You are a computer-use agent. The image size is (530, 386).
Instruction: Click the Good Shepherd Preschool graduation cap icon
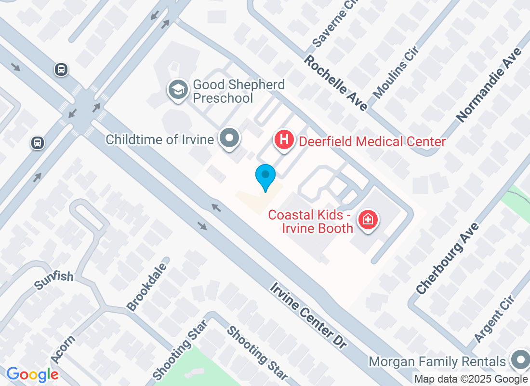pyautogui.click(x=179, y=90)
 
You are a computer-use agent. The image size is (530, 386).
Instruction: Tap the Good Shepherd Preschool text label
pyautogui.click(x=239, y=92)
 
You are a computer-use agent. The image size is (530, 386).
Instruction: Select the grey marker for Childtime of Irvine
pyautogui.click(x=230, y=138)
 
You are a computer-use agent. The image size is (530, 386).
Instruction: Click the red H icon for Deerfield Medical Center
pyautogui.click(x=284, y=140)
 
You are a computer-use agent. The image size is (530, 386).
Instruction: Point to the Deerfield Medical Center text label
pyautogui.click(x=372, y=141)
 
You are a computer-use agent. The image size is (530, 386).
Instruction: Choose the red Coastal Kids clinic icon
pyautogui.click(x=369, y=220)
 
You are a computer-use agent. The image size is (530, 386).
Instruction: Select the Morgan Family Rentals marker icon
pyautogui.click(x=520, y=360)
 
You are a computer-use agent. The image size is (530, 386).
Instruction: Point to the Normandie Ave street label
pyautogui.click(x=489, y=84)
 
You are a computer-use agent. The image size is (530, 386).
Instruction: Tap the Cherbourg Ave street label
pyautogui.click(x=448, y=258)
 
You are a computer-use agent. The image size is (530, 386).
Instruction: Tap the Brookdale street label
pyautogui.click(x=146, y=287)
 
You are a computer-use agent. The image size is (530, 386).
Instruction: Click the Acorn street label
pyautogui.click(x=63, y=349)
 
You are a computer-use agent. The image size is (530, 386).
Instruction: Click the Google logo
pyautogui.click(x=33, y=374)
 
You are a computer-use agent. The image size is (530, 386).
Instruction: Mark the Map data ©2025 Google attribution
pyautogui.click(x=471, y=379)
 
